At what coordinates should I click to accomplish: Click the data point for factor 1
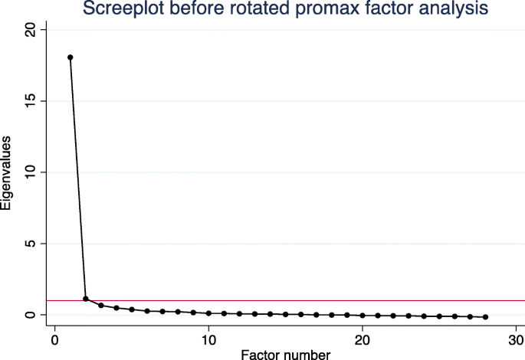71,57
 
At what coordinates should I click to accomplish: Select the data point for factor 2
86,299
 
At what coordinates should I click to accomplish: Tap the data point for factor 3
101,306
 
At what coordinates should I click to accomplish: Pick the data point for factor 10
208,313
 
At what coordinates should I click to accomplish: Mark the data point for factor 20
363,316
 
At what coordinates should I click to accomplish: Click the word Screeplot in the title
117,9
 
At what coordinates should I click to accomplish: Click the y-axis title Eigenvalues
7,172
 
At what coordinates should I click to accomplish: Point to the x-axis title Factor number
285,354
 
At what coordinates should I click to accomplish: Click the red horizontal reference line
307,301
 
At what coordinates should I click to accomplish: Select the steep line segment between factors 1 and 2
78,178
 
